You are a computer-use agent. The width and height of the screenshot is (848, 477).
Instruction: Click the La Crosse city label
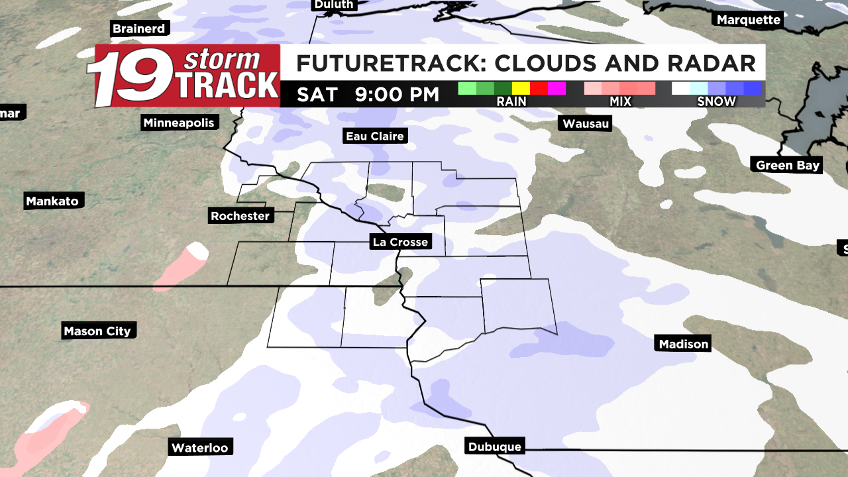(400, 242)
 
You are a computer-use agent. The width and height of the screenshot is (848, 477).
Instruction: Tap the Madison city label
(684, 343)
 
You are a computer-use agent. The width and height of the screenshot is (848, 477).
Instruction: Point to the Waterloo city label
(199, 448)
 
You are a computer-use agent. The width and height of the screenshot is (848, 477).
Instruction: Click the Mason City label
(97, 331)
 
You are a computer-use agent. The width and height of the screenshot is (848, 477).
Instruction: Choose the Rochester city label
(240, 216)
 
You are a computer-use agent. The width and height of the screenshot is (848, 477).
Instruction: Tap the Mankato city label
(52, 201)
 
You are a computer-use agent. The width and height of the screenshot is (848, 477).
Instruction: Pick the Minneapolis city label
(179, 123)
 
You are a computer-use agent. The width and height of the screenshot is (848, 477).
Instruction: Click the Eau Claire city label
(374, 136)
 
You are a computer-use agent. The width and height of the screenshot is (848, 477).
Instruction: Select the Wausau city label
(586, 123)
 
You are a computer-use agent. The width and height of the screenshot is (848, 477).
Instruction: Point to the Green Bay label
(788, 165)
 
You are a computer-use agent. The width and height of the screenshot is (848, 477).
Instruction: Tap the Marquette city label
(749, 20)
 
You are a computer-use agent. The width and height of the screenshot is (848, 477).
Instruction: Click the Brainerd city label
(138, 28)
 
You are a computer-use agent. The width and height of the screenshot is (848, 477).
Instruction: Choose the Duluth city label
(333, 5)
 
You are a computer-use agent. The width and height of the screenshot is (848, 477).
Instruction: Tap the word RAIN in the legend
(511, 101)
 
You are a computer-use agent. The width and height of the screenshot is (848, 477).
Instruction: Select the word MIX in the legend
(621, 101)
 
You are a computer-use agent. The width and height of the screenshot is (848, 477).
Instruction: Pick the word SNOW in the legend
(716, 101)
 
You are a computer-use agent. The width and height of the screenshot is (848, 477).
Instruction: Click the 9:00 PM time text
(397, 94)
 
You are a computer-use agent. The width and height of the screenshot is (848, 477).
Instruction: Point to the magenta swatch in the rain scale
(556, 88)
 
